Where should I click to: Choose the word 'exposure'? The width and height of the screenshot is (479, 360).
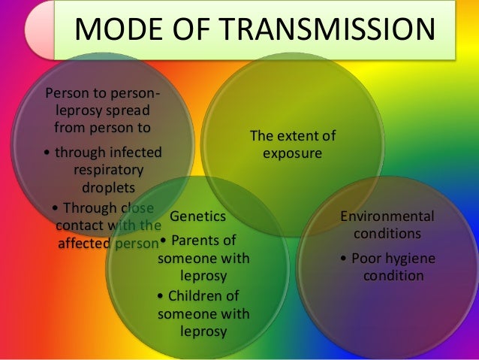[x=292, y=153]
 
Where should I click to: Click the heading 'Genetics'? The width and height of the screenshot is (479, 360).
[x=198, y=216]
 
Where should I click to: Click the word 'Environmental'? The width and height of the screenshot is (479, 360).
[x=387, y=216]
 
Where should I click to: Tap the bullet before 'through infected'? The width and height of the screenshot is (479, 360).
[x=48, y=153]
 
